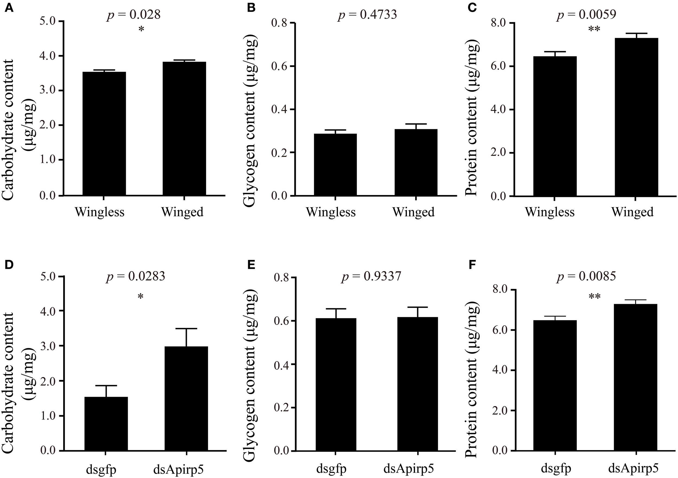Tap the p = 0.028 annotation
pyautogui.click(x=133, y=15)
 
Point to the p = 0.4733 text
pyautogui.click(x=367, y=15)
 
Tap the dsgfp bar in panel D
pyautogui.click(x=106, y=424)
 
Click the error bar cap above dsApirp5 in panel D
pyautogui.click(x=186, y=329)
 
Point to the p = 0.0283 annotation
pyautogui.click(x=136, y=276)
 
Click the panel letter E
pyautogui.click(x=251, y=265)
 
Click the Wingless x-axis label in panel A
pyautogui.click(x=100, y=212)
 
